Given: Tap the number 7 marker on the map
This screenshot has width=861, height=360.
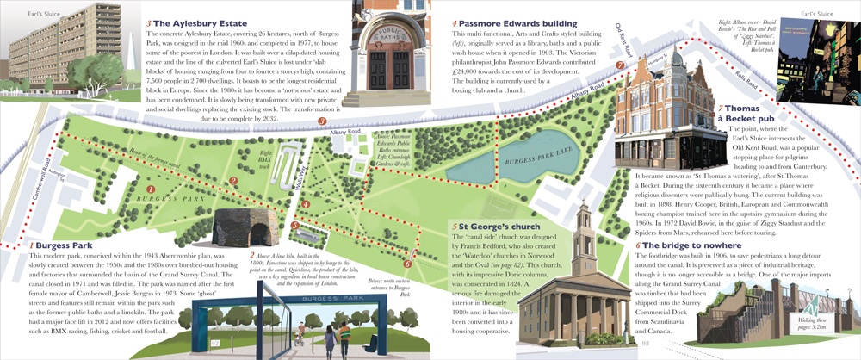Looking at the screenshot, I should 621,65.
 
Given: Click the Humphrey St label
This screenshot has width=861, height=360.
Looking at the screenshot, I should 647,61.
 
